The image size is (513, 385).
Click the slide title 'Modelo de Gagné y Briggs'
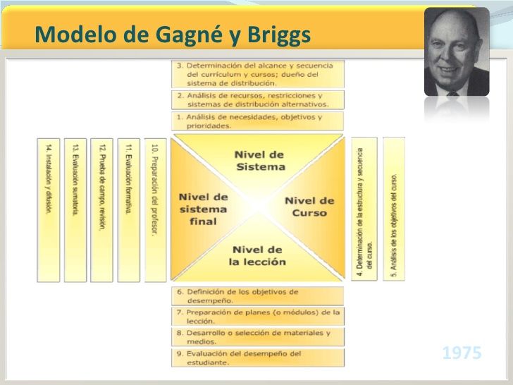pyautogui.click(x=172, y=33)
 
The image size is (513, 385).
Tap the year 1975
pyautogui.click(x=462, y=353)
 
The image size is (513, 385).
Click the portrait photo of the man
pyautogui.click(x=456, y=52)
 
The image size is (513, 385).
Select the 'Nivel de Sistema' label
pyautogui.click(x=259, y=160)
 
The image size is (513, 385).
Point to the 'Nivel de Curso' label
pyautogui.click(x=309, y=206)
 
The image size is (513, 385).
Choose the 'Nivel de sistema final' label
pyautogui.click(x=203, y=209)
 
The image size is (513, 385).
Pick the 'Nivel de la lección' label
pyautogui.click(x=258, y=255)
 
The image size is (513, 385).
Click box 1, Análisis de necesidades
pyautogui.click(x=258, y=121)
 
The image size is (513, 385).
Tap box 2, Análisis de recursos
pyautogui.click(x=258, y=99)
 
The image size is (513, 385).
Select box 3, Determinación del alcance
pyautogui.click(x=258, y=73)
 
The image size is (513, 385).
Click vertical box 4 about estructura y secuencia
pyautogui.click(x=364, y=209)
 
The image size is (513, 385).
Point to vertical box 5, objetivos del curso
pyautogui.click(x=394, y=209)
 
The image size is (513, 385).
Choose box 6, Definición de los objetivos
pyautogui.click(x=258, y=295)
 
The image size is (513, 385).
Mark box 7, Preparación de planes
pyautogui.click(x=258, y=315)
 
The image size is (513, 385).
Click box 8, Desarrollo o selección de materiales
pyautogui.click(x=258, y=336)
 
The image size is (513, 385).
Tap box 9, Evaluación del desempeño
pyautogui.click(x=258, y=357)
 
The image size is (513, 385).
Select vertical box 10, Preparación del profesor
pyautogui.click(x=155, y=209)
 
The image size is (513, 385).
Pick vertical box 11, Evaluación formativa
pyautogui.click(x=128, y=209)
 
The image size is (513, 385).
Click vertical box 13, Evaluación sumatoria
pyautogui.click(x=75, y=209)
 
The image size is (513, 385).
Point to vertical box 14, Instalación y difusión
pyautogui.click(x=48, y=209)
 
